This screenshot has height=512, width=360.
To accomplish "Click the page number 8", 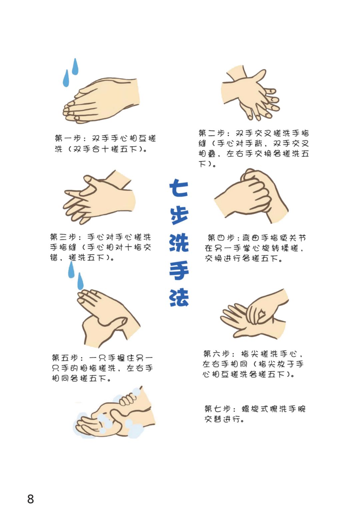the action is (30, 499).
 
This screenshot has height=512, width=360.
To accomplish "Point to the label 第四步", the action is (221, 238).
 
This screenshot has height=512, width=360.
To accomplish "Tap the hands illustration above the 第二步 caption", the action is (251, 93).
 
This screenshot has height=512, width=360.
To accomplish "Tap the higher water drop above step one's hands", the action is (75, 67).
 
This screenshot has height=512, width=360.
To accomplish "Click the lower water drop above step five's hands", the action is (80, 281).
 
